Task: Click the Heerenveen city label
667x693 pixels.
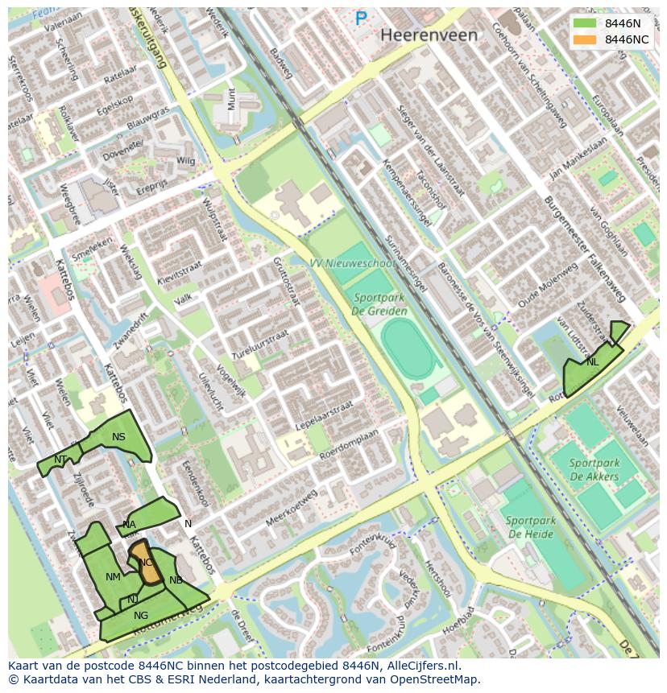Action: click(x=429, y=35)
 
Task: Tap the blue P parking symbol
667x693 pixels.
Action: click(x=361, y=19)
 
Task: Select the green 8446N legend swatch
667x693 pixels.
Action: click(x=586, y=23)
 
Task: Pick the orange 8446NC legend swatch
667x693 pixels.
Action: click(x=586, y=39)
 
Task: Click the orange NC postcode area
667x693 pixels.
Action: click(x=147, y=565)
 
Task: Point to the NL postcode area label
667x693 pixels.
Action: click(x=592, y=362)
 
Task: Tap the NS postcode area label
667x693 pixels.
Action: click(x=118, y=437)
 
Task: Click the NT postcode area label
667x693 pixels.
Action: click(x=60, y=459)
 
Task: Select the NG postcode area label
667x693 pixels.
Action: click(x=141, y=616)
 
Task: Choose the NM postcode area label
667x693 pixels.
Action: click(x=113, y=576)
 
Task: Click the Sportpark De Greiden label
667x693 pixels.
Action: click(x=380, y=304)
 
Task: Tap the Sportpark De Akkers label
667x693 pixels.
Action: click(x=594, y=469)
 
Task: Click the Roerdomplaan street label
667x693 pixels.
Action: click(x=349, y=443)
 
